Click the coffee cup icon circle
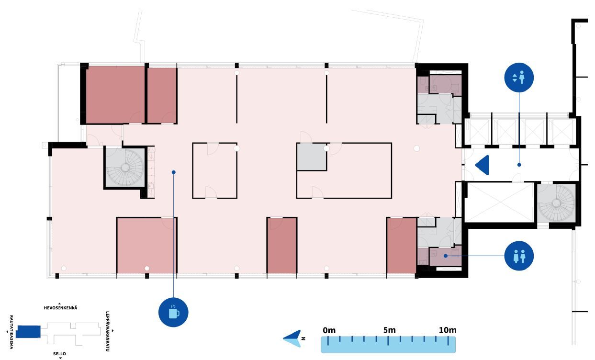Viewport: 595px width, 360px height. [x=173, y=313]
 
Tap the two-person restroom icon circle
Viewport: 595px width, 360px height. [x=519, y=256]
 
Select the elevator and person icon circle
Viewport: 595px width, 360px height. [x=519, y=78]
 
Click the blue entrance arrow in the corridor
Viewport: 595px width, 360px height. [x=482, y=165]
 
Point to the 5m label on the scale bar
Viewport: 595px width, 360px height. [x=389, y=330]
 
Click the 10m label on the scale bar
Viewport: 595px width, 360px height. [x=447, y=330]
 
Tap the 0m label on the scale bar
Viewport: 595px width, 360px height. [x=329, y=330]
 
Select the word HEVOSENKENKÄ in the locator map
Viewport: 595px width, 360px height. [x=61, y=308]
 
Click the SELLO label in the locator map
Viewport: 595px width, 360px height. [x=59, y=354]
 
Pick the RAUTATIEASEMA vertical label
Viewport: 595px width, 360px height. [x=11, y=332]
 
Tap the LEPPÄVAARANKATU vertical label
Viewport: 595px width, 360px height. [x=108, y=331]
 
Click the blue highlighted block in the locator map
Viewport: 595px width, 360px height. [x=28, y=332]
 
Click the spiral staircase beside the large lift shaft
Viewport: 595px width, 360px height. [x=556, y=203]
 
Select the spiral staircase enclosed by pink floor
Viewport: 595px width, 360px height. [x=125, y=168]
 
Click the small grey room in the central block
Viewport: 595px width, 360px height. [x=311, y=157]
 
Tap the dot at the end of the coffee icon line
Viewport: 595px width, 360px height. [x=174, y=172]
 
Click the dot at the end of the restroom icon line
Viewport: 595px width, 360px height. [x=446, y=256]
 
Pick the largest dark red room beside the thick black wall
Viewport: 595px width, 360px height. [x=115, y=95]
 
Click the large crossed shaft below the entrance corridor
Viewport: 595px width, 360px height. [x=499, y=202]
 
